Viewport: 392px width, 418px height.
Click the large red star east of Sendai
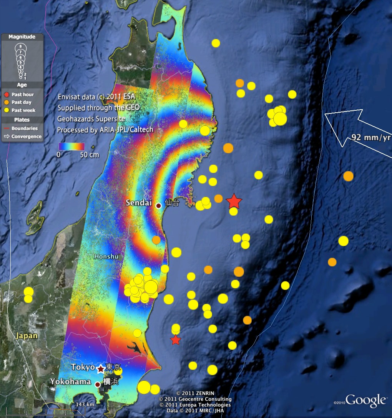point(234,201)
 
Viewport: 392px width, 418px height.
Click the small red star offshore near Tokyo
point(176,340)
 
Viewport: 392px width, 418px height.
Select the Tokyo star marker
point(101,369)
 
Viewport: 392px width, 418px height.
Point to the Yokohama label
point(70,382)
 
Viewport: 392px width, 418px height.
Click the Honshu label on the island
point(106,256)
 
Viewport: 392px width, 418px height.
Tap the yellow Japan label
point(27,336)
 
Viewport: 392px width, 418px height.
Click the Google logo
point(365,401)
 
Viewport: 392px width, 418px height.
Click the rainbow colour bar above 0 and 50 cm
point(71,147)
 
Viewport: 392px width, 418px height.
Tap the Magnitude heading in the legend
point(22,37)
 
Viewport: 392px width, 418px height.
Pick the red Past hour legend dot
point(7,95)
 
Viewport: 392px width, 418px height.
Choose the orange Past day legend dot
point(7,102)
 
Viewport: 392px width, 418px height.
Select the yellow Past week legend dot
point(7,110)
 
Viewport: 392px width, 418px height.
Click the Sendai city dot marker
point(158,206)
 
